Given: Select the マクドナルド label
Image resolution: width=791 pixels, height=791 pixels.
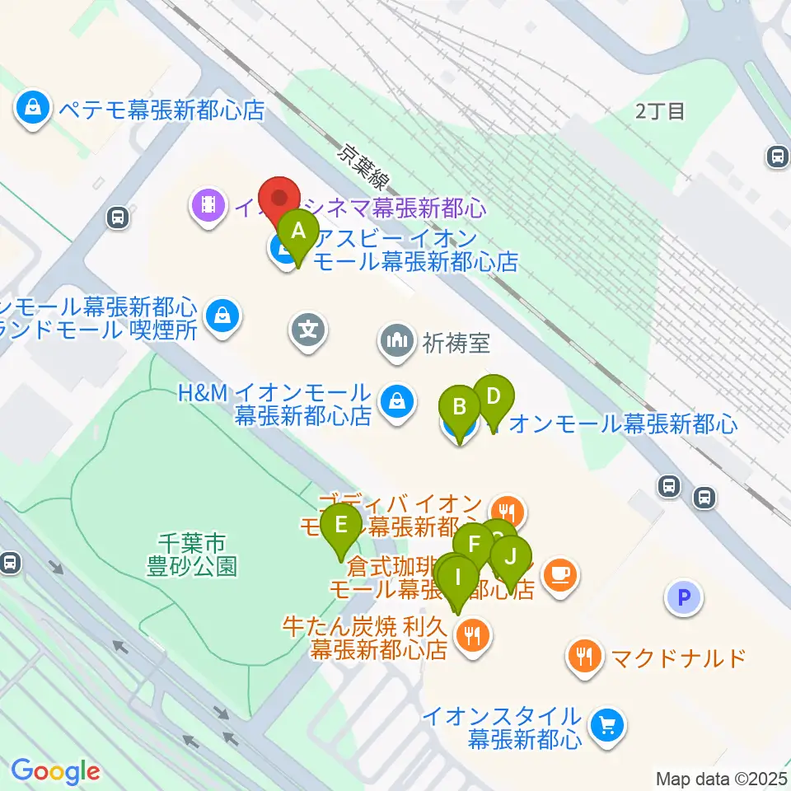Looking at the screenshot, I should [x=677, y=658].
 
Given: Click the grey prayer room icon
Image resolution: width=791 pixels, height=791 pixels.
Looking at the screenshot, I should [x=397, y=340].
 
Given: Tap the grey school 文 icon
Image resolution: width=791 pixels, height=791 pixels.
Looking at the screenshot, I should [x=308, y=331].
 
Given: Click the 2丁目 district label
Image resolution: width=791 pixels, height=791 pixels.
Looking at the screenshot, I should [x=660, y=112].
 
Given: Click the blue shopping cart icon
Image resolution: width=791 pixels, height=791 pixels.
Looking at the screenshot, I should [x=609, y=725].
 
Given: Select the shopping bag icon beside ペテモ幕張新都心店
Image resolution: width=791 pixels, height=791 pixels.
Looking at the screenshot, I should [x=32, y=109].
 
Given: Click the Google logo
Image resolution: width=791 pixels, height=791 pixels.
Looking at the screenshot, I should [x=54, y=772].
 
